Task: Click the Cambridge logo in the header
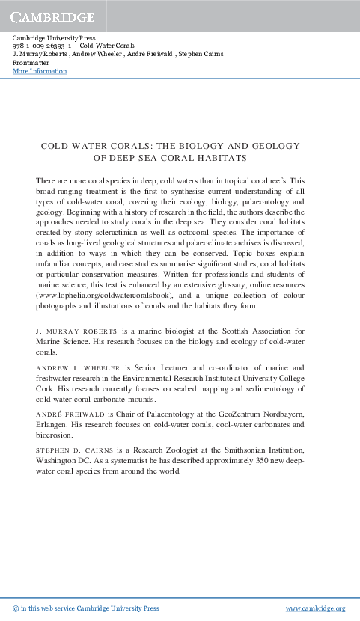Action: pos(52,17)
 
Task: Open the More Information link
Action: pos(40,71)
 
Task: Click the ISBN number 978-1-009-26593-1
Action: pos(43,46)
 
